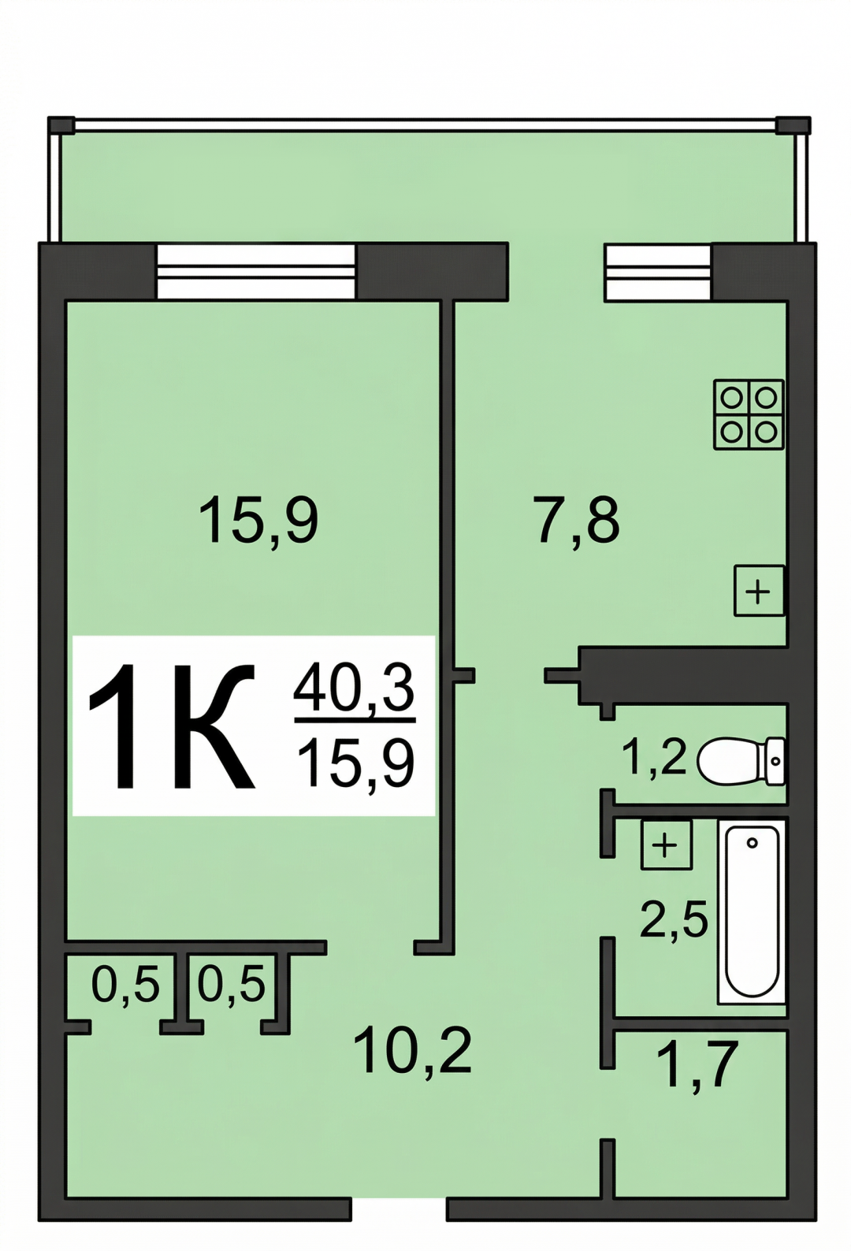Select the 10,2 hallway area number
tap(412, 1052)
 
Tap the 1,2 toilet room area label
tap(654, 757)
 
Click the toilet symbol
tap(741, 761)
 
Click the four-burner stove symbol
tap(749, 414)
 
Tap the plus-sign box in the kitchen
tap(759, 591)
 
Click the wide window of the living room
tap(256, 272)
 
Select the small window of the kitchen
tap(658, 272)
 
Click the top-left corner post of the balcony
tap(61, 125)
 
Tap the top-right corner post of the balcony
tap(793, 125)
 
